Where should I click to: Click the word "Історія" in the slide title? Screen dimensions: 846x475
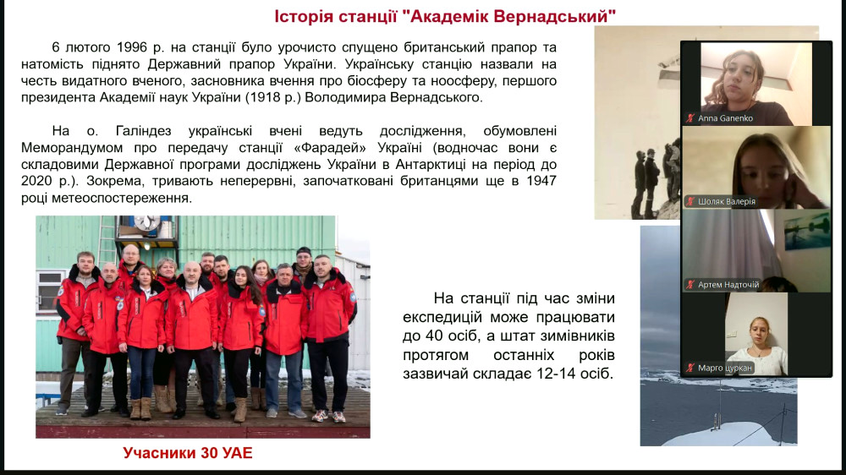pyautogui.click(x=304, y=16)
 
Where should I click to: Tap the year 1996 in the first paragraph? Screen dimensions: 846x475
pyautogui.click(x=132, y=47)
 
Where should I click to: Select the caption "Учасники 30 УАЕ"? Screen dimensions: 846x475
pyautogui.click(x=187, y=453)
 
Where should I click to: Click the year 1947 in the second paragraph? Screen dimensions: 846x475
pyautogui.click(x=541, y=181)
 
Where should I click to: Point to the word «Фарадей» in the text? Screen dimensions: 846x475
pyautogui.click(x=330, y=148)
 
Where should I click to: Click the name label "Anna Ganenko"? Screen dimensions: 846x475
pyautogui.click(x=725, y=118)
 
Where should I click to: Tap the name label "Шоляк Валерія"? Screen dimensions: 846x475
pyautogui.click(x=727, y=202)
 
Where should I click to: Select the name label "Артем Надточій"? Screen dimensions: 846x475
pyautogui.click(x=728, y=284)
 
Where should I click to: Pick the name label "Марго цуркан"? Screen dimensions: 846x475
pyautogui.click(x=725, y=369)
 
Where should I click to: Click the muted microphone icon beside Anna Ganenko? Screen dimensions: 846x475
pyautogui.click(x=690, y=118)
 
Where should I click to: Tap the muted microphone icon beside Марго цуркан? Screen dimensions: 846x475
pyautogui.click(x=690, y=369)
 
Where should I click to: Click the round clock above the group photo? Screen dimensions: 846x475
pyautogui.click(x=146, y=222)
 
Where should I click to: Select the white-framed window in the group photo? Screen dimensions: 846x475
pyautogui.click(x=49, y=291)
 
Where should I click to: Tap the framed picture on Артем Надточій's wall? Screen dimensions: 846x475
pyautogui.click(x=807, y=230)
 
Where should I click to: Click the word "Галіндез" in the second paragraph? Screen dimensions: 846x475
pyautogui.click(x=144, y=131)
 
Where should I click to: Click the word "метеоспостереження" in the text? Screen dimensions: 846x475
pyautogui.click(x=122, y=198)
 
